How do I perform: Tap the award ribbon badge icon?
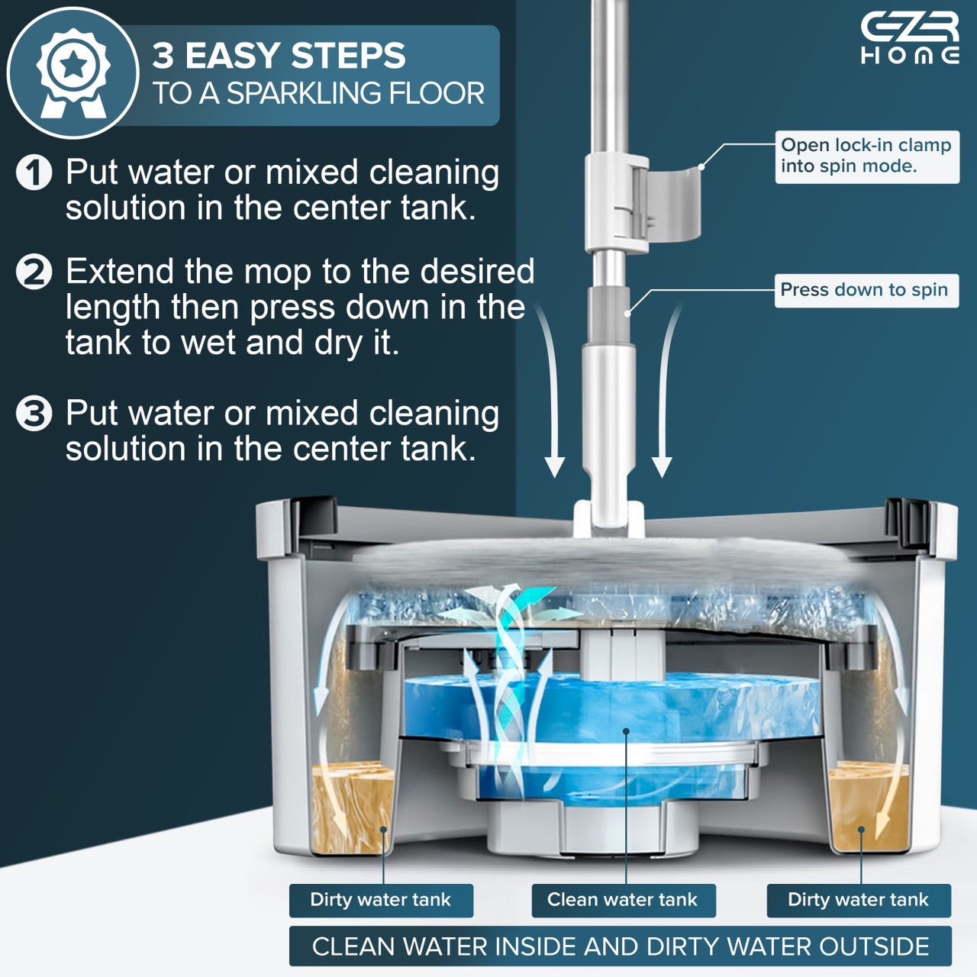tap(73, 73)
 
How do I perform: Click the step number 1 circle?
tap(34, 173)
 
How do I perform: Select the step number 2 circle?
tap(34, 272)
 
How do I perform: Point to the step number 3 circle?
tap(34, 413)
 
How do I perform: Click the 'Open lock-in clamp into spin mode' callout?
tap(867, 156)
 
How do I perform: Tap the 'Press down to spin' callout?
tap(866, 291)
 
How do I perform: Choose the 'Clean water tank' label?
tap(624, 900)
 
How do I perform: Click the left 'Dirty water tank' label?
tap(381, 900)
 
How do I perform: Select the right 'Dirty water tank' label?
tap(859, 900)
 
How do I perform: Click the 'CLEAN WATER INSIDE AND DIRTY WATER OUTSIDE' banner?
tap(620, 946)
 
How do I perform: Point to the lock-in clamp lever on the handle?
tap(674, 203)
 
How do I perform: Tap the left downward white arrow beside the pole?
tap(552, 390)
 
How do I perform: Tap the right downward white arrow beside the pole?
tap(666, 390)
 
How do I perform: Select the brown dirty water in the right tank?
tap(868, 807)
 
